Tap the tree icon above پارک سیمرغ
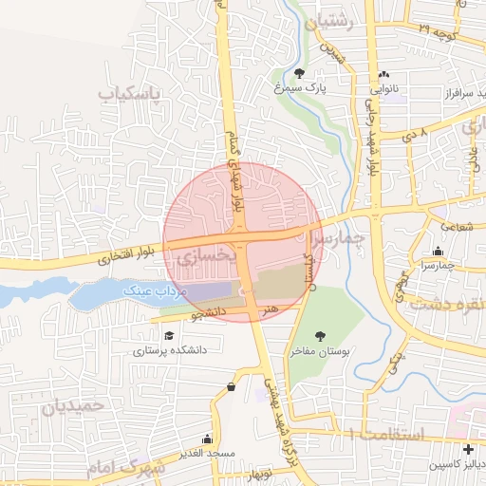(x=300, y=72)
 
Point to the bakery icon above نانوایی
(x=383, y=74)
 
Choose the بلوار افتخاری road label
(x=124, y=255)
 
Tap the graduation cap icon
(x=169, y=335)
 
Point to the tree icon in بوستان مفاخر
(x=320, y=335)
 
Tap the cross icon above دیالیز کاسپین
(x=468, y=449)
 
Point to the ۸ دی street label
(x=416, y=136)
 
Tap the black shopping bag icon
(x=233, y=386)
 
